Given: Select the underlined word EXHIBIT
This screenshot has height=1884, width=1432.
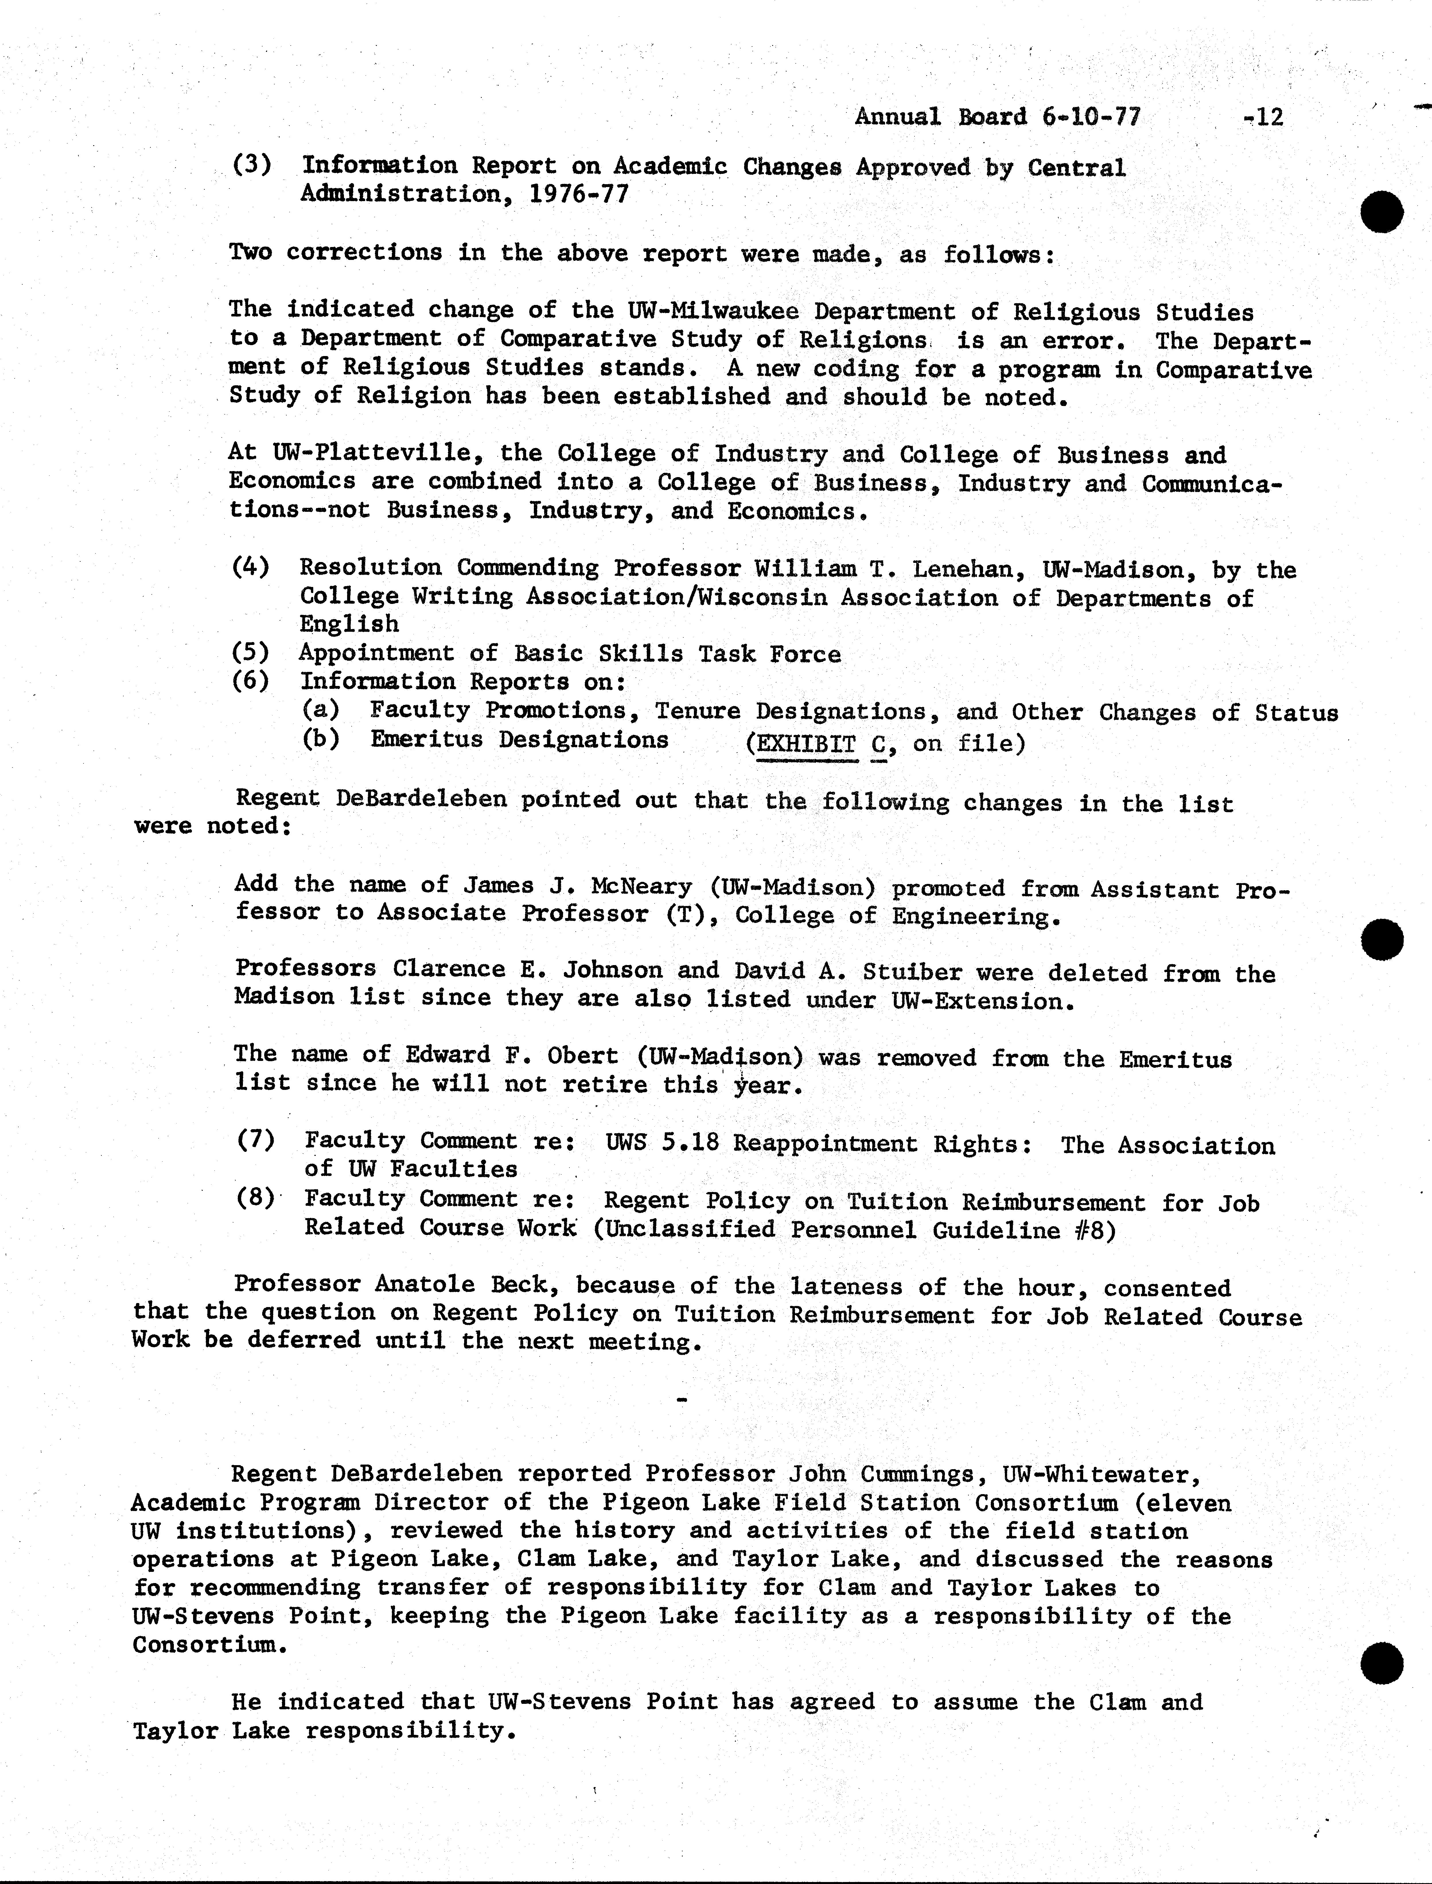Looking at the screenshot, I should (806, 743).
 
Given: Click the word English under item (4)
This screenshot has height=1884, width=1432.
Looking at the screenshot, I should (349, 624).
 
